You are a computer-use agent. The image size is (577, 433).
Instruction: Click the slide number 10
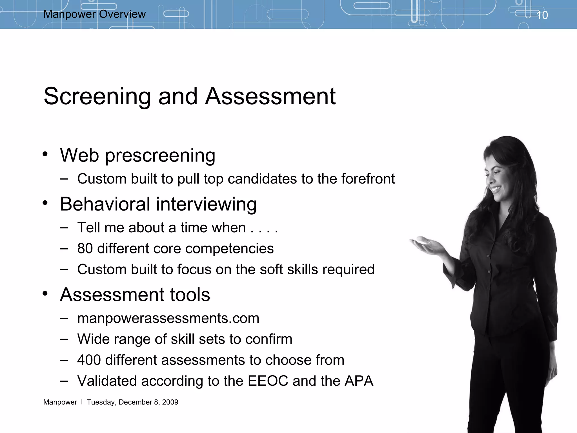pos(542,15)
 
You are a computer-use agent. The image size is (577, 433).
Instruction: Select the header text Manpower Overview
pos(94,14)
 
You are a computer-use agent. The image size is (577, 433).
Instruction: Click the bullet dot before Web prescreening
pos(45,154)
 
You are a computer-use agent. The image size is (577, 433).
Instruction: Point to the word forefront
pos(368,179)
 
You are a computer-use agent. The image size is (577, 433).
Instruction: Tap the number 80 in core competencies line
pos(85,248)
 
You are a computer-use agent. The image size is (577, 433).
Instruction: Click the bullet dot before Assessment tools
pos(45,293)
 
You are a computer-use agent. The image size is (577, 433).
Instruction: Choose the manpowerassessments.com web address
pos(168,318)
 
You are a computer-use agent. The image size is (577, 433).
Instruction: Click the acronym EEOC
pos(268,381)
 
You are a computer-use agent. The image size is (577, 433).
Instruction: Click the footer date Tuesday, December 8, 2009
pos(132,402)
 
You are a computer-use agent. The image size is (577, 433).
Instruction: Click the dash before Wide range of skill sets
pos(64,339)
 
